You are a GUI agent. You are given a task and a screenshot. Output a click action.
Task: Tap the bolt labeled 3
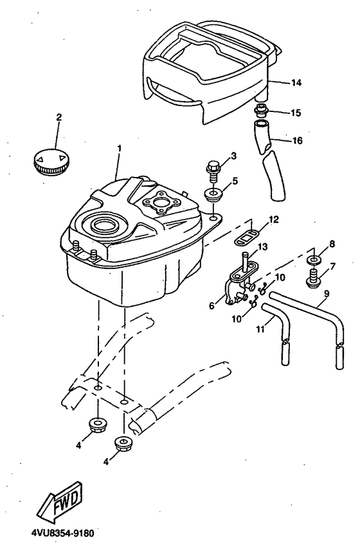213,172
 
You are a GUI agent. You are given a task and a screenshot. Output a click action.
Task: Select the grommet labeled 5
213,196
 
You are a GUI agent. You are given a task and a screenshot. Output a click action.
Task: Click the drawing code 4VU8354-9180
63,533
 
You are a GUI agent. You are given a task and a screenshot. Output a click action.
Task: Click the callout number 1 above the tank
120,148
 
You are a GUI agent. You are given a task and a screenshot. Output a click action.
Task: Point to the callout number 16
297,141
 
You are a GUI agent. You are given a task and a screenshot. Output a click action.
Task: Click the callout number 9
326,293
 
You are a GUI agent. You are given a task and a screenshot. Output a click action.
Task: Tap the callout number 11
260,329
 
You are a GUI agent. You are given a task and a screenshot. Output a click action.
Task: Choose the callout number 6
212,306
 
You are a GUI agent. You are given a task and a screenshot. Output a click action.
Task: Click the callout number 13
262,246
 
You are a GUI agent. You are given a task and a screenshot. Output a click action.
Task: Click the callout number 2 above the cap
59,117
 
